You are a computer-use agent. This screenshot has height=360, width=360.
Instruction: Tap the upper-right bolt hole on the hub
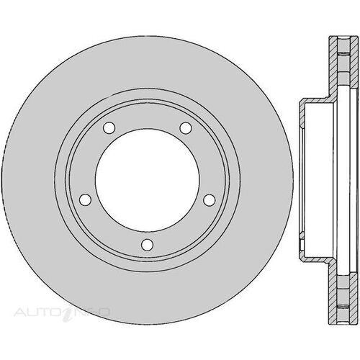tap(186, 128)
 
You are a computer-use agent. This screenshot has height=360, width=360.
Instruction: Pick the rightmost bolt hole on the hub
tap(210, 200)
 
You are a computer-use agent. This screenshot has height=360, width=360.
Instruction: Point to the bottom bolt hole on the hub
tap(147, 245)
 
